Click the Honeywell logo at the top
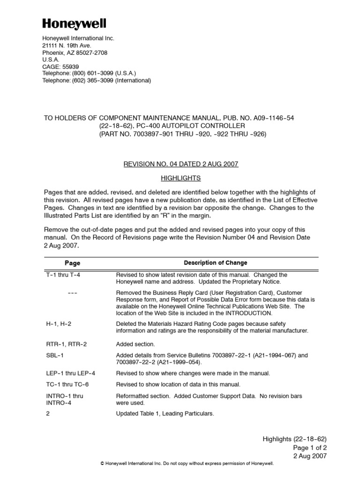click(x=75, y=23)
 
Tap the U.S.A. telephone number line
click(x=89, y=74)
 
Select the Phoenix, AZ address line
click(x=75, y=52)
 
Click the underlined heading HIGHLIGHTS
click(x=180, y=178)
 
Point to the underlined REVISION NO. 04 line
click(x=180, y=164)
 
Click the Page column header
click(x=72, y=263)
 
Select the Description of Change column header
click(x=215, y=263)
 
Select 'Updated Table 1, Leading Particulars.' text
click(x=165, y=414)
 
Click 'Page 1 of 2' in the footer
click(x=310, y=447)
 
